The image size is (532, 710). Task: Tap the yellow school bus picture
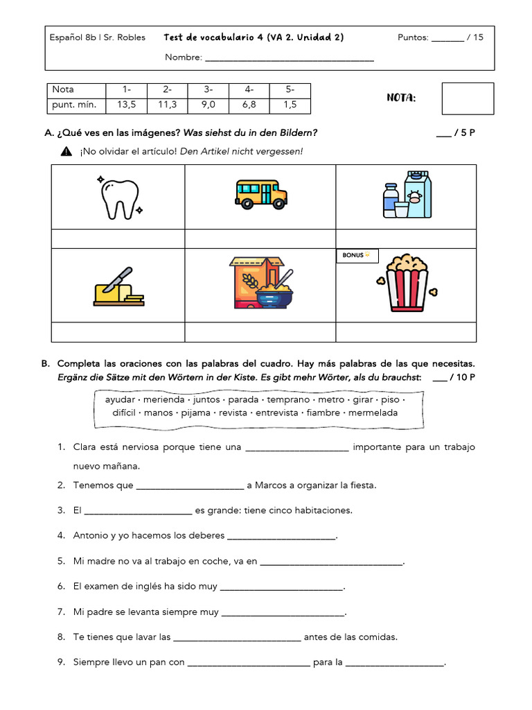261,195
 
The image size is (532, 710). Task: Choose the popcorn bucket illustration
407,284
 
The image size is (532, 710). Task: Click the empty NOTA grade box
468,98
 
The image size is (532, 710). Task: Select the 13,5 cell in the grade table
127,105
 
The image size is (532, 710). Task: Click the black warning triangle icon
66,151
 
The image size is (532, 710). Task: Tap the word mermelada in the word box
373,413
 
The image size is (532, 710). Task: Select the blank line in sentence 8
237,637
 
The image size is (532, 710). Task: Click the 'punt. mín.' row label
74,105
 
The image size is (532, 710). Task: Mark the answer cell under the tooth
118,239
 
